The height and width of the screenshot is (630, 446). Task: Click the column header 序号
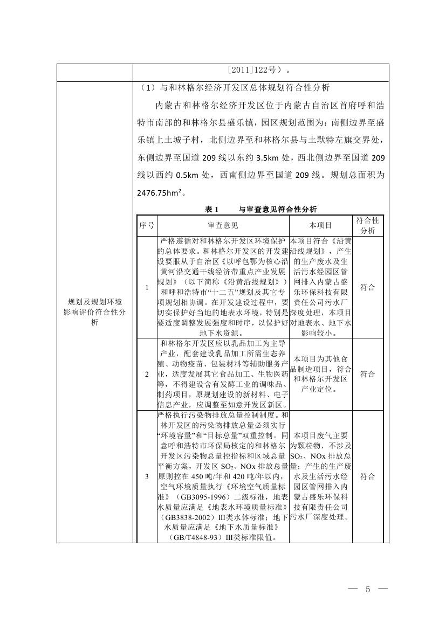[x=147, y=225]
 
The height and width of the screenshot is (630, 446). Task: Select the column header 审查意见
[x=223, y=225]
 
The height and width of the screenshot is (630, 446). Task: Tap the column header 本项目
[x=321, y=225]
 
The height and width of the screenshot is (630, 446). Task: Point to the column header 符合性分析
[x=368, y=225]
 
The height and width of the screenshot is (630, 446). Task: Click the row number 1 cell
[x=147, y=287]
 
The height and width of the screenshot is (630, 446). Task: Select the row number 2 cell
[x=147, y=374]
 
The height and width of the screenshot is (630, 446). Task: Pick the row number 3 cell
[x=147, y=476]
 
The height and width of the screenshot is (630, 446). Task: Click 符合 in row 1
[x=368, y=287]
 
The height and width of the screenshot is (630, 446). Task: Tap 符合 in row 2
[x=368, y=374]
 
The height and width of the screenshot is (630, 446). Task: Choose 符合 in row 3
[x=368, y=476]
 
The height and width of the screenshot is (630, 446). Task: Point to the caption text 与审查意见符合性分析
[x=278, y=209]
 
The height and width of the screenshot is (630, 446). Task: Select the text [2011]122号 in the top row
[x=251, y=70]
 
